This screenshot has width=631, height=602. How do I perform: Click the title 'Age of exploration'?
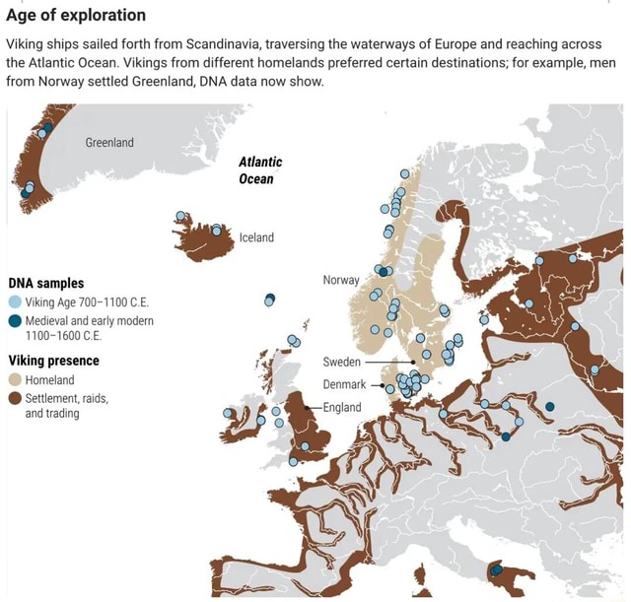pos(76,15)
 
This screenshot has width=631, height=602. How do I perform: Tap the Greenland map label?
pos(109,143)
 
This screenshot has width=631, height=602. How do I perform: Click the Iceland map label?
pos(256,237)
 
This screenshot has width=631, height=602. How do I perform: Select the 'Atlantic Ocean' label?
pos(260,169)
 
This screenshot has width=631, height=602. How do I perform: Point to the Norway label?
pos(340,280)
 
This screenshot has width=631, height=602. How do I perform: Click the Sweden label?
pos(341,362)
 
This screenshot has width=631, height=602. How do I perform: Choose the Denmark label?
pos(344,384)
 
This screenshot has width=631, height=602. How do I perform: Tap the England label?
pos(342,406)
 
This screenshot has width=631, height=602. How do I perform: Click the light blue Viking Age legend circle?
pos(15,302)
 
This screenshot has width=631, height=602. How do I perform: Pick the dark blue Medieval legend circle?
pos(15,321)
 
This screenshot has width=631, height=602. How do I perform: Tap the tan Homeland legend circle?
pos(15,379)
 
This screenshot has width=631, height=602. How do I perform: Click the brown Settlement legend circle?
pos(15,398)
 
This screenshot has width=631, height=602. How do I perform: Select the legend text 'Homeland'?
pos(49,379)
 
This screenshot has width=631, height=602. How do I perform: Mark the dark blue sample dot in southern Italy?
pos(496,570)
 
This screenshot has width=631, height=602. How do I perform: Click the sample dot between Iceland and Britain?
pos(269,300)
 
